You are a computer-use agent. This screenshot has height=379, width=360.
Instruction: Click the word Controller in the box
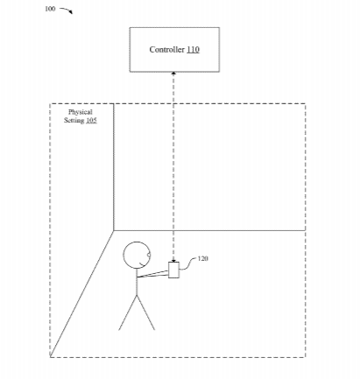[166, 50]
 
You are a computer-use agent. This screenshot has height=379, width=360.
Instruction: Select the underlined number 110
[193, 50]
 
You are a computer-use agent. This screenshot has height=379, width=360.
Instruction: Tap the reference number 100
[50, 9]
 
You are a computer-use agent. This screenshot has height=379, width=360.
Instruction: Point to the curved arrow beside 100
[67, 11]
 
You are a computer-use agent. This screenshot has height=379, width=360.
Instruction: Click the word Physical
[81, 112]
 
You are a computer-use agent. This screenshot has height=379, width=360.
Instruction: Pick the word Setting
[74, 120]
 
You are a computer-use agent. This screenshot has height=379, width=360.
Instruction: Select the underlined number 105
[91, 120]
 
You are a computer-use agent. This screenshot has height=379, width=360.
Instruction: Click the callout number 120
[203, 258]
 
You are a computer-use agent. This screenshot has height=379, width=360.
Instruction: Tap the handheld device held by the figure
[173, 270]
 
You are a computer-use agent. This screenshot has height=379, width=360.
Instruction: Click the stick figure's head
[137, 255]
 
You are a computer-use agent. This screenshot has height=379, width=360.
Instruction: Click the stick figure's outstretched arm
[152, 274]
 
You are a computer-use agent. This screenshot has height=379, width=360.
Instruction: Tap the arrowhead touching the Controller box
[173, 74]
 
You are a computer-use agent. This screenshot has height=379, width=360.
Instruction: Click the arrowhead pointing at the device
[173, 260]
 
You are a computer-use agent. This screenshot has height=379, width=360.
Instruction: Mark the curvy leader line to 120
[188, 263]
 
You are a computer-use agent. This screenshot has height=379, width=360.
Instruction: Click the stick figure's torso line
[137, 282]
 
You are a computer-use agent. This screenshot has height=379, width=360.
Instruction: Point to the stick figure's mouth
[143, 265]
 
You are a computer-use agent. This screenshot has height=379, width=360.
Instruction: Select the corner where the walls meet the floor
[113, 231]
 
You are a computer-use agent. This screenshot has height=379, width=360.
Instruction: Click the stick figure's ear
[149, 256]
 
